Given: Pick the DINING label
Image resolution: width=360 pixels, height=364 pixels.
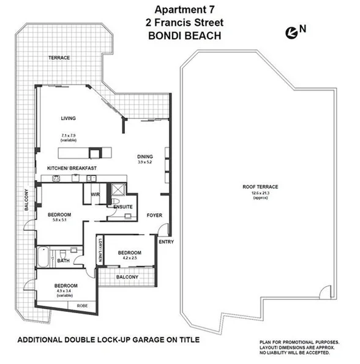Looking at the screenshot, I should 145,156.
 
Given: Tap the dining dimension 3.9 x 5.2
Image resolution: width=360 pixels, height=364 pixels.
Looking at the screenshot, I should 145,162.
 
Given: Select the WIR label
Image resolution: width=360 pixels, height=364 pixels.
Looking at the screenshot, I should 96,195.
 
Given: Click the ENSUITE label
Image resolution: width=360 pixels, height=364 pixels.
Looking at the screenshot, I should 123,207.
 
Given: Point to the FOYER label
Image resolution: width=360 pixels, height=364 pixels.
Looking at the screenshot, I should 154,216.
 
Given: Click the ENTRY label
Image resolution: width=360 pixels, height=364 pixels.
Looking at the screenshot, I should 166,242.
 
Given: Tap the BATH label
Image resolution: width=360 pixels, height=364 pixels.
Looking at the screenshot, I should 63,260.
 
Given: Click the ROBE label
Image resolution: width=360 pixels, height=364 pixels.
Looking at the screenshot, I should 81,305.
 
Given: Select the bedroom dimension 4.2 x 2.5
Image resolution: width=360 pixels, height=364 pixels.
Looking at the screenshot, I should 130,258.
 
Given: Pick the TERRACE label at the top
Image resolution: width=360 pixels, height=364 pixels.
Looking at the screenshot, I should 59,58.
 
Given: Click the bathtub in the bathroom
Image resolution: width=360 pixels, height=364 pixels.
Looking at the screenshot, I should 43,257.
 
